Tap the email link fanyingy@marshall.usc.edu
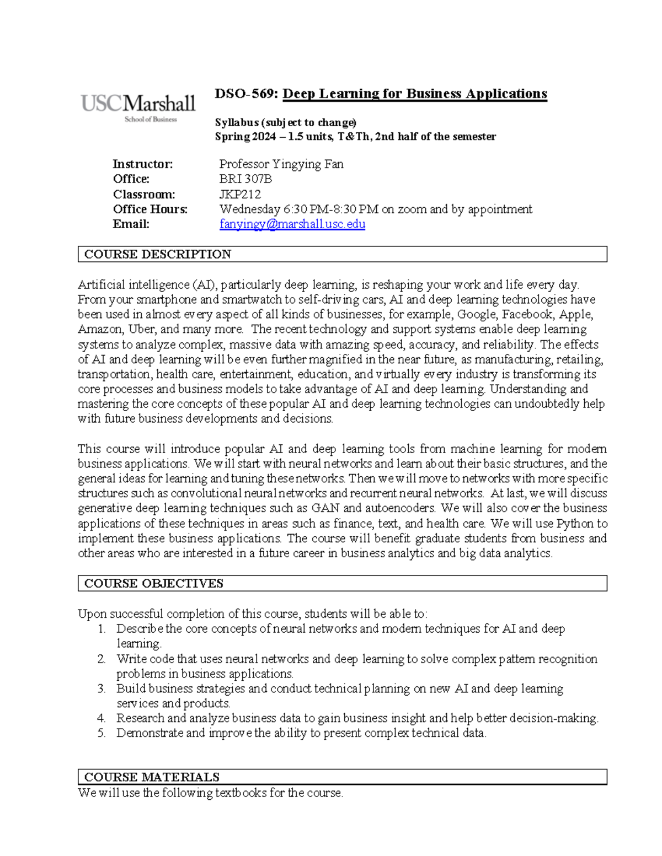click(x=292, y=224)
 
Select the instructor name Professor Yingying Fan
click(x=281, y=164)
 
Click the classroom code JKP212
click(x=240, y=194)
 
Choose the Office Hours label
click(x=150, y=209)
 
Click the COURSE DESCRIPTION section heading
click(x=157, y=254)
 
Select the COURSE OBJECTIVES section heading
click(x=153, y=583)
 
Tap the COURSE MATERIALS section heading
click(x=152, y=777)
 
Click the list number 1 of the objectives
click(x=102, y=629)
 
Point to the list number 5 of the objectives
click(x=102, y=733)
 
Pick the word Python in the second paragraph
click(x=575, y=524)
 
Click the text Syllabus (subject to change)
click(x=285, y=122)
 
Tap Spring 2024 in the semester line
click(x=244, y=137)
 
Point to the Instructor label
click(x=142, y=164)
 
